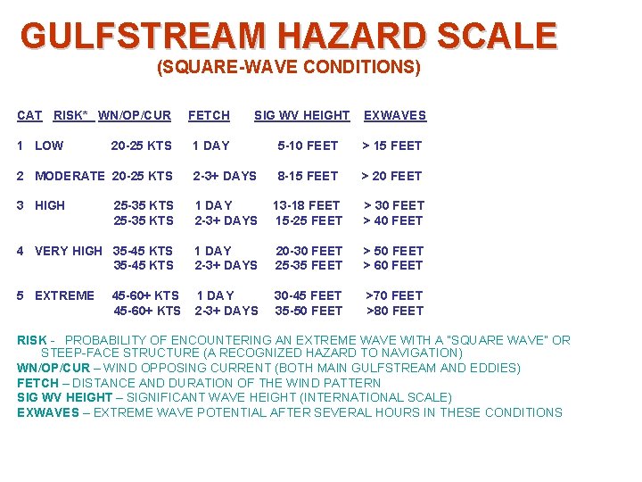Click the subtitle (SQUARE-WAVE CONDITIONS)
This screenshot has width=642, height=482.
pos(288,67)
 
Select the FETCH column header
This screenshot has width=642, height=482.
pos(209,115)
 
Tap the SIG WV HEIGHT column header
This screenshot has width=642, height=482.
pos(301,115)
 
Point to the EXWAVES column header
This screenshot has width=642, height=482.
pos(394,115)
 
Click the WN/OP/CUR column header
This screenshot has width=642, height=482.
pos(134,115)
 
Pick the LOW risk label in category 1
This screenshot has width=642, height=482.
pos(49,145)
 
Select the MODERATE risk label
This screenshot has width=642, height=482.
pos(69,176)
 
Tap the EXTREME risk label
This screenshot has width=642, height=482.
pos(64,295)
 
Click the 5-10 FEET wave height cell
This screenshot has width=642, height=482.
pos(308,145)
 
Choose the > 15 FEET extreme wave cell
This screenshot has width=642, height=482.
pos(391,145)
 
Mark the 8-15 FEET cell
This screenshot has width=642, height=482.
pos(308,176)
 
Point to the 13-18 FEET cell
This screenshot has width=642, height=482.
pos(308,205)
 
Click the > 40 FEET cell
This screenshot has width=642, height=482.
pos(393,220)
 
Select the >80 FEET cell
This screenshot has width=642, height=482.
pos(395,311)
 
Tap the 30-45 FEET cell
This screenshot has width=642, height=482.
pos(308,295)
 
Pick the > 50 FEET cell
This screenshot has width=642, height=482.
pos(393,251)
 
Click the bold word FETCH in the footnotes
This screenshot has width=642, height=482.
pos(37,383)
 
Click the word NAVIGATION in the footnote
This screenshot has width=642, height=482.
pos(419,353)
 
